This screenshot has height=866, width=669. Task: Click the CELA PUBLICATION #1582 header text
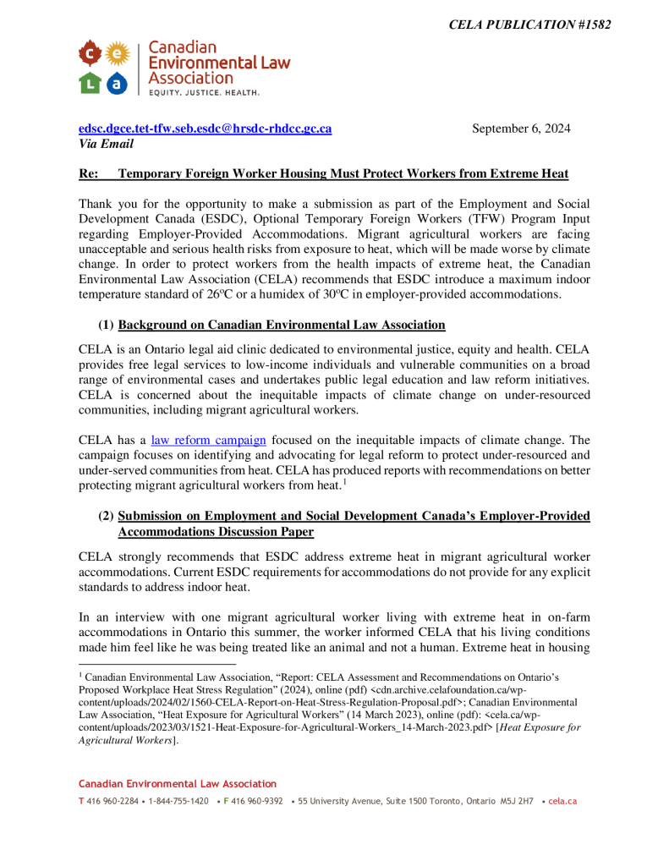pos(529,25)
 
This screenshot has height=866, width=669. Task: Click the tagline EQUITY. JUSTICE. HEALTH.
pos(204,91)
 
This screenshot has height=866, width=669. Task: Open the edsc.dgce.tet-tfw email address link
pos(205,129)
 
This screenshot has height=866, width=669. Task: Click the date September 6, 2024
pos(520,129)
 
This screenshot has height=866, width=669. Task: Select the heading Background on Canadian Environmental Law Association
pos(282,325)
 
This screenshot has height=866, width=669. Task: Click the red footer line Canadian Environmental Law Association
pos(178,784)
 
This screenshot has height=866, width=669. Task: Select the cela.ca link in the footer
pos(562,801)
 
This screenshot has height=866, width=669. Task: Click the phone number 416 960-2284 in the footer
pos(114,801)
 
